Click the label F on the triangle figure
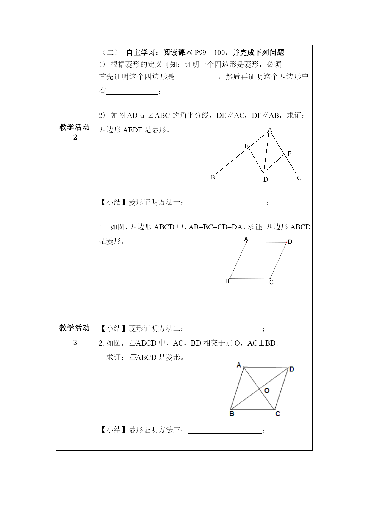(x=289, y=154)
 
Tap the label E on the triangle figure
(x=246, y=146)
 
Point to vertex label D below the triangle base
(x=266, y=179)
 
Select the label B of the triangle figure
(x=213, y=177)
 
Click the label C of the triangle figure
(x=299, y=178)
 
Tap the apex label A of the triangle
(x=270, y=129)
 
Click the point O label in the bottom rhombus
(x=267, y=390)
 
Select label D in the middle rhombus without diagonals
(x=290, y=242)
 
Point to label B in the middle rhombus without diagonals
(x=227, y=281)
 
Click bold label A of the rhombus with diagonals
(x=239, y=365)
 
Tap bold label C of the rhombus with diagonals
(x=277, y=414)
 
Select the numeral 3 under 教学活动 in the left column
(x=75, y=343)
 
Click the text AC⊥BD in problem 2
(x=262, y=343)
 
